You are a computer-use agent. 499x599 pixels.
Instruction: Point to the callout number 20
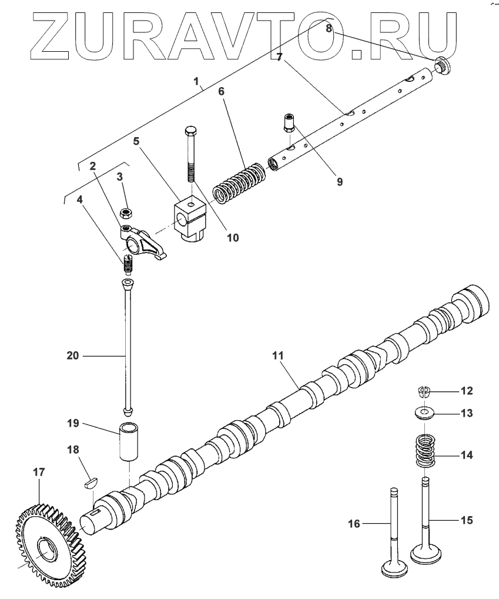coord(72,355)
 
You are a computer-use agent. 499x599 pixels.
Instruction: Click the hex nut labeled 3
coord(125,212)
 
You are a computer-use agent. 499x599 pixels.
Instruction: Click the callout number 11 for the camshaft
coord(277,355)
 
